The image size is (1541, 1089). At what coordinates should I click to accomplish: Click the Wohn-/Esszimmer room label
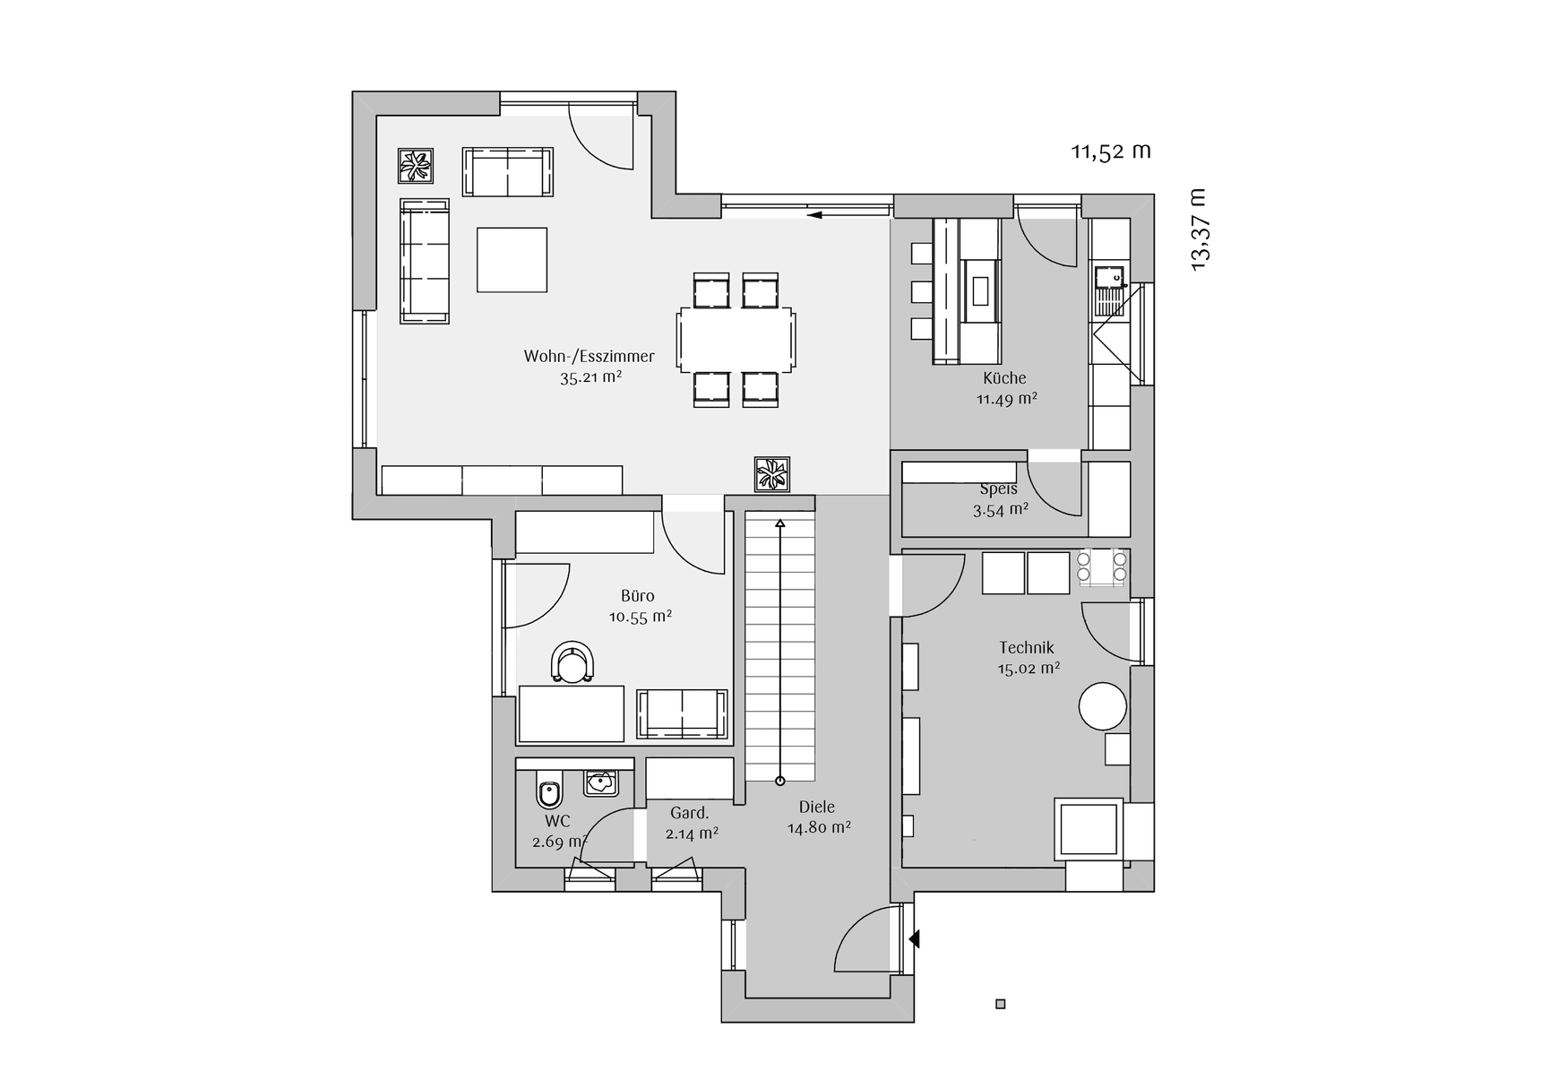tap(589, 356)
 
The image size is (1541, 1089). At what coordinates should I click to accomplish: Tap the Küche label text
tap(1004, 378)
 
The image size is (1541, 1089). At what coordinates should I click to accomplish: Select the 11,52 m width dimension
tap(1111, 151)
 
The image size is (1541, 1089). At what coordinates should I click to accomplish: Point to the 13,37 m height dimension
tap(1198, 229)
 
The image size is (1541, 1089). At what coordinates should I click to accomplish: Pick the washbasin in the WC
tap(600, 782)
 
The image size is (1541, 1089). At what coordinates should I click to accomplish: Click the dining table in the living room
tap(736, 339)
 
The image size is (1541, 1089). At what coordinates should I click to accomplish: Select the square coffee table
tap(512, 259)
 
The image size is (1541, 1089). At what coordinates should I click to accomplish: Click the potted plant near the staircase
tap(771, 474)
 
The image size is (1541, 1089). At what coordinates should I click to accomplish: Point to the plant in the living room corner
tap(416, 166)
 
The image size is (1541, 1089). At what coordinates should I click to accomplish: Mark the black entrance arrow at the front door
tap(914, 939)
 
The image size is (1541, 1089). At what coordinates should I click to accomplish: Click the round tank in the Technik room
tap(1102, 706)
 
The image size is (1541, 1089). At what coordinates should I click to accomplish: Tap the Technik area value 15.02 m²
tap(1029, 669)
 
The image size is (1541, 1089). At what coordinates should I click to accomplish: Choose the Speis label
tap(998, 489)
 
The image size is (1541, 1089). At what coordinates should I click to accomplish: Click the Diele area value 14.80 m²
tap(819, 828)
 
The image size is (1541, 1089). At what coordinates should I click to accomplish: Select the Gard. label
tap(690, 813)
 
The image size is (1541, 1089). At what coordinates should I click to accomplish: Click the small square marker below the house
tap(1001, 1004)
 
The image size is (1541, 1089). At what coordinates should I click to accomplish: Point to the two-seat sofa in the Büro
tap(683, 714)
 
